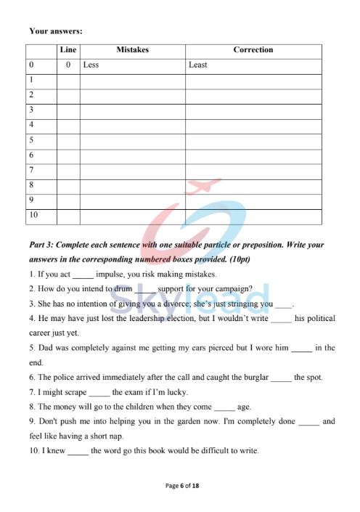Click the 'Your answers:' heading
[55, 31]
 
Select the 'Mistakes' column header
[132, 50]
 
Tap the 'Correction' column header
[253, 50]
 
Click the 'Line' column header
[68, 50]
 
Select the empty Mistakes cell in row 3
[132, 110]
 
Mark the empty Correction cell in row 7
[253, 171]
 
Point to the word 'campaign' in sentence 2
[229, 289]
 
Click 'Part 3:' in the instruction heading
[43, 245]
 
